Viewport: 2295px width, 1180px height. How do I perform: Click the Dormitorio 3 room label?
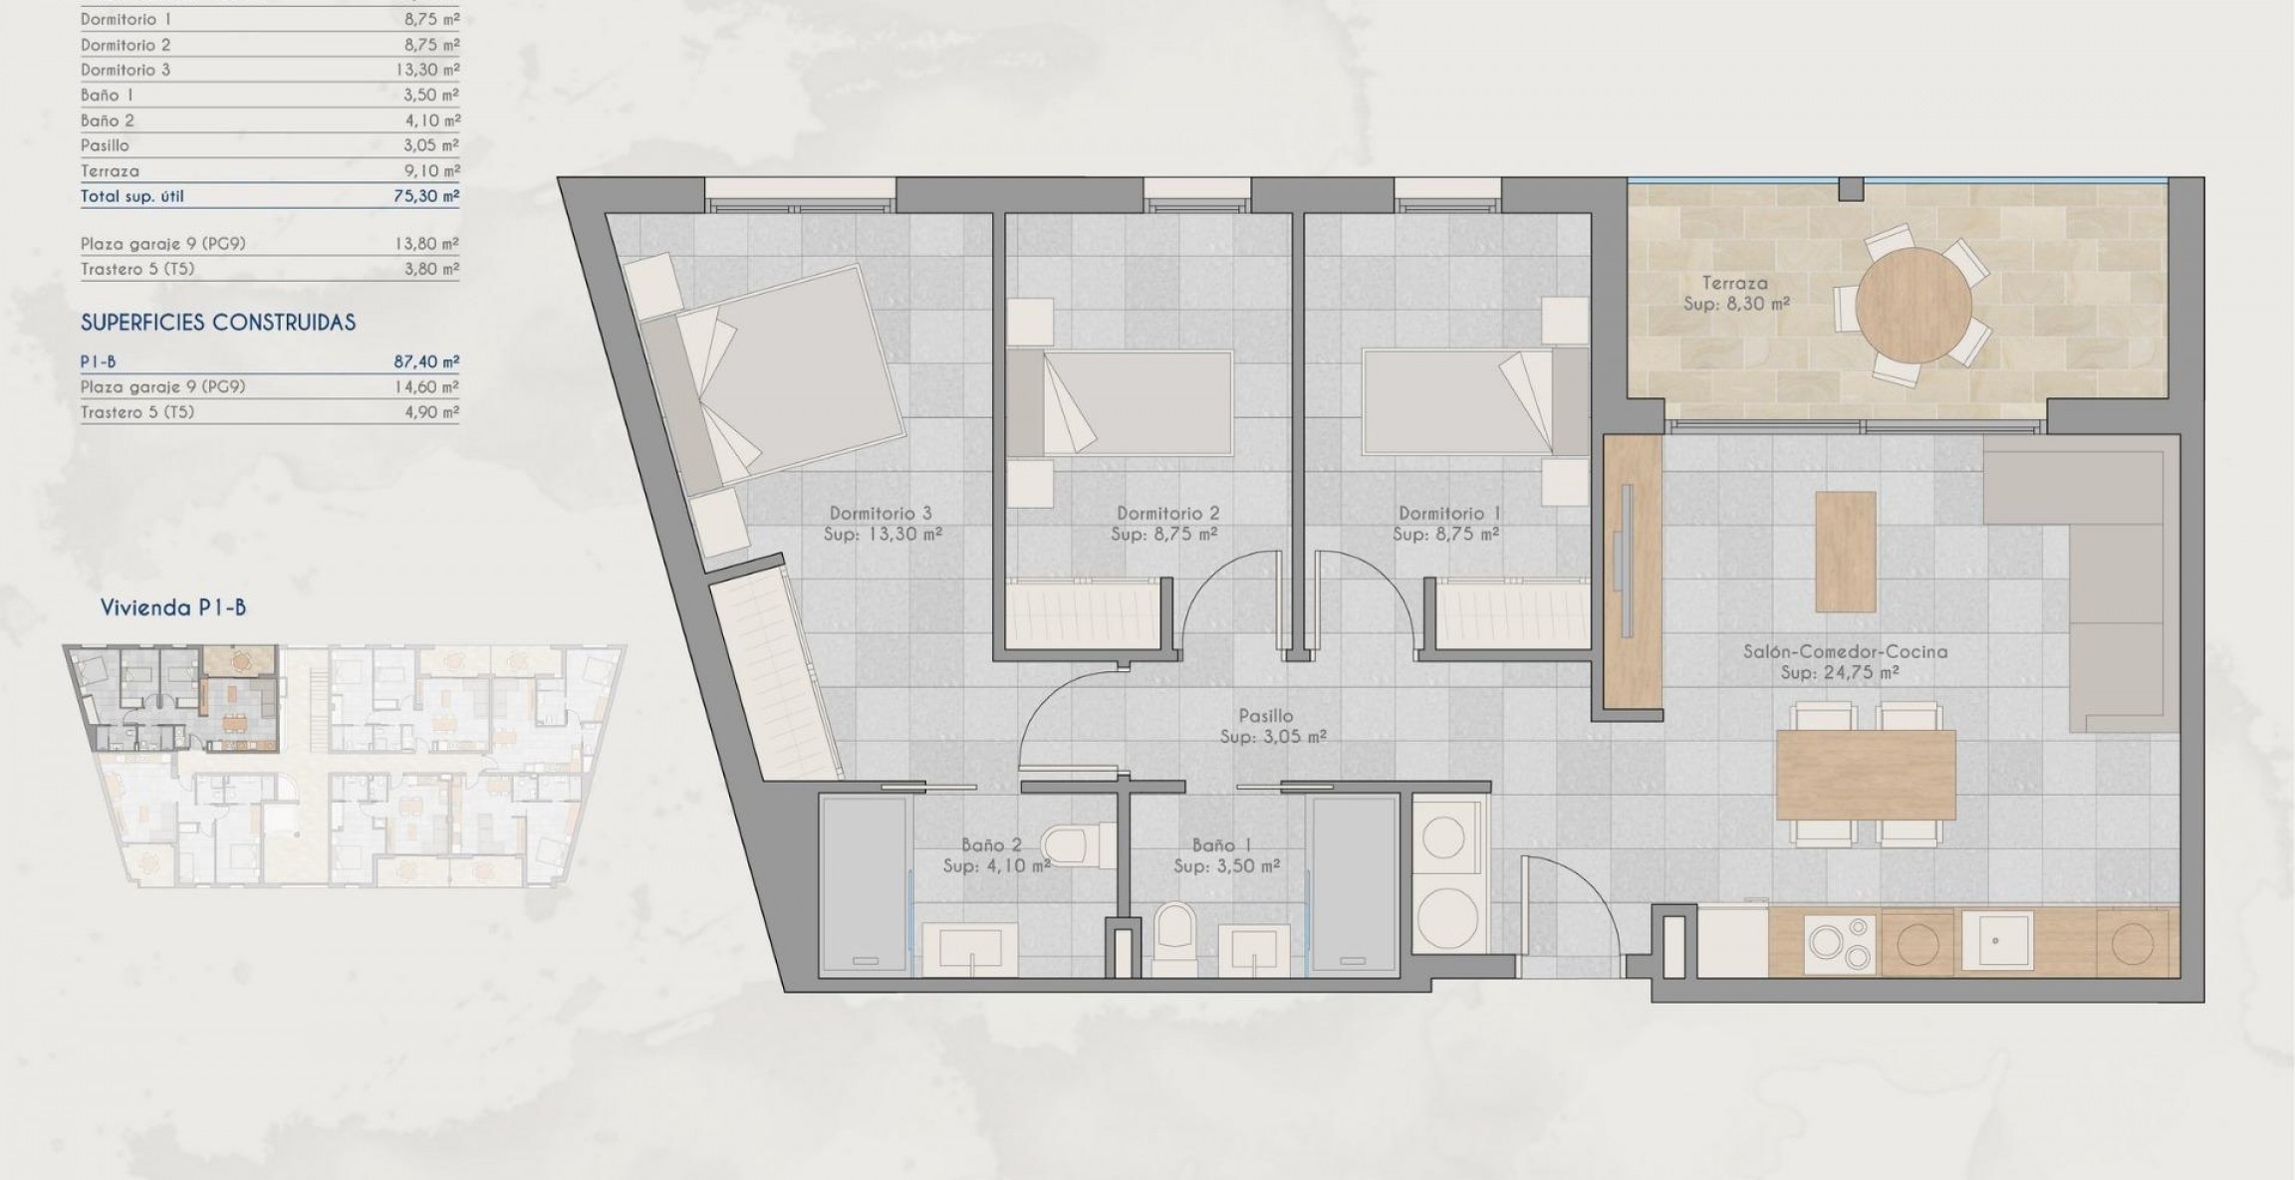point(881,514)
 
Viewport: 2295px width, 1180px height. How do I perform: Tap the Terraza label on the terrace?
point(1734,284)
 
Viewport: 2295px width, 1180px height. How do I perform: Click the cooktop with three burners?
point(1839,942)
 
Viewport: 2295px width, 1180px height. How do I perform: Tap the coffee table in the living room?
point(1845,552)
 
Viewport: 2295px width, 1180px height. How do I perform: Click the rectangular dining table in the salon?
point(1865,776)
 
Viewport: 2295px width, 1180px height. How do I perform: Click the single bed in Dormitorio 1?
point(1474,401)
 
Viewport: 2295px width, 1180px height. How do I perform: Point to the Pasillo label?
point(1266,716)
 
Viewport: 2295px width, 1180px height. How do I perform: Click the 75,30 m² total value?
point(426,196)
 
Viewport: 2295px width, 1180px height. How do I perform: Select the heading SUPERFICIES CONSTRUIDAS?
point(218,323)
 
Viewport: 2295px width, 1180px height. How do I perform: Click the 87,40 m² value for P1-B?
point(426,362)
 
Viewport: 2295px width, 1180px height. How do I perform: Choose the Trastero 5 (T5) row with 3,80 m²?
point(269,269)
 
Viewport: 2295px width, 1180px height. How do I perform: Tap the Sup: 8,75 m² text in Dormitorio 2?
point(1163,535)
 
